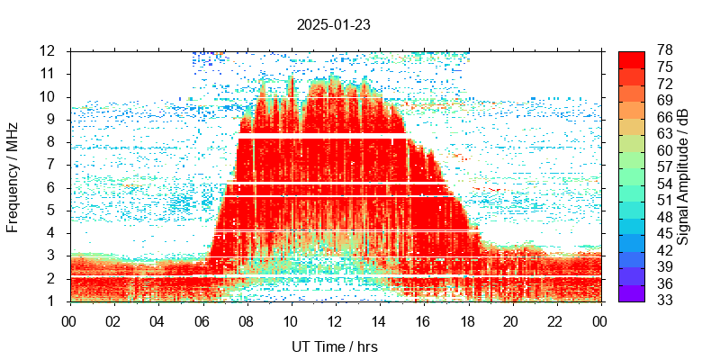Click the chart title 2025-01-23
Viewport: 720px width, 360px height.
[333, 24]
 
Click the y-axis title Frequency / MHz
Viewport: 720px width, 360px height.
[13, 175]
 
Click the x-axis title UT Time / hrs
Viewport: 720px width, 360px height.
[333, 346]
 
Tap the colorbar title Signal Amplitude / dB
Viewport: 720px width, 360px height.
[683, 175]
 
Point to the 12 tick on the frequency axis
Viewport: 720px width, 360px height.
[48, 50]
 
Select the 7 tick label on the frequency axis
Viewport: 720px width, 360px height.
[51, 165]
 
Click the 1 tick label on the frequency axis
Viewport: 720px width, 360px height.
[51, 301]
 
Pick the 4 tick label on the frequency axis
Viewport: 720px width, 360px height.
[51, 233]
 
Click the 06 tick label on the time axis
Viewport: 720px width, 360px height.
[202, 320]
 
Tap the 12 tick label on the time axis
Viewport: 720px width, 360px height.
[334, 320]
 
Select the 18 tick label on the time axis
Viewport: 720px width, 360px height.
[467, 320]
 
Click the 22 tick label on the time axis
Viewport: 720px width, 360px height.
[555, 320]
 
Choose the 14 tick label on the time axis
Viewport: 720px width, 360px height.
[378, 320]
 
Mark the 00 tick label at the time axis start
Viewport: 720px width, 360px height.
[69, 320]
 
